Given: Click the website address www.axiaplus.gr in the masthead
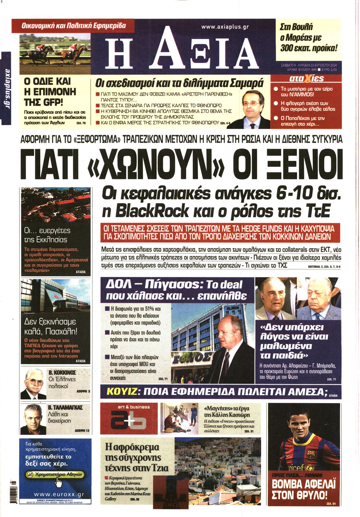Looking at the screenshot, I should (x=225, y=27).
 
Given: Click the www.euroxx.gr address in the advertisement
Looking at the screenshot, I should (x=58, y=494).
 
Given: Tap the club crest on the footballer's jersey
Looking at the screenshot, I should (x=310, y=453).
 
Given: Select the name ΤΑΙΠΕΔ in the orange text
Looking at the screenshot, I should (x=33, y=346).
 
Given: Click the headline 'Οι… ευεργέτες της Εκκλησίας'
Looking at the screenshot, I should (x=47, y=235).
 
